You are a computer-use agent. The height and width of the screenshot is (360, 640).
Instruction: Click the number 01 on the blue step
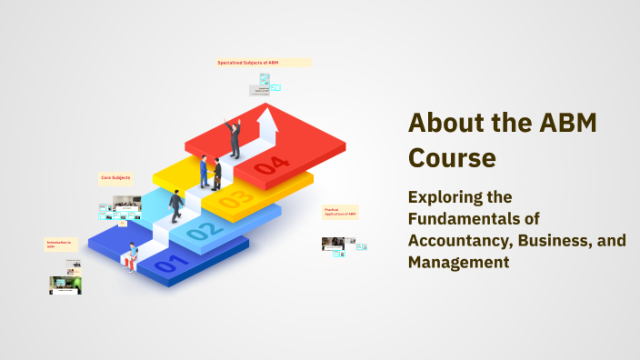point(172,265)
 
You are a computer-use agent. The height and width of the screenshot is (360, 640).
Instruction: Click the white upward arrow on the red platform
point(267,126)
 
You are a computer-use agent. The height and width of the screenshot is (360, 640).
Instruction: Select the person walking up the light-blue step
point(175,206)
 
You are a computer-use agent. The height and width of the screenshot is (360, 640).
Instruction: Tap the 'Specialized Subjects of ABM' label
point(248,63)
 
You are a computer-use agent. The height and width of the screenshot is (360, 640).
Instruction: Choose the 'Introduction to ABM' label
point(57,244)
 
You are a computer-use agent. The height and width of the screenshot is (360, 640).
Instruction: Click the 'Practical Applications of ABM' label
point(340,212)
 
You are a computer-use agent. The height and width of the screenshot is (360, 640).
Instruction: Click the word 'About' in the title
point(443,123)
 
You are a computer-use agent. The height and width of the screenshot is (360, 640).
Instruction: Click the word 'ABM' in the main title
point(569,123)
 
